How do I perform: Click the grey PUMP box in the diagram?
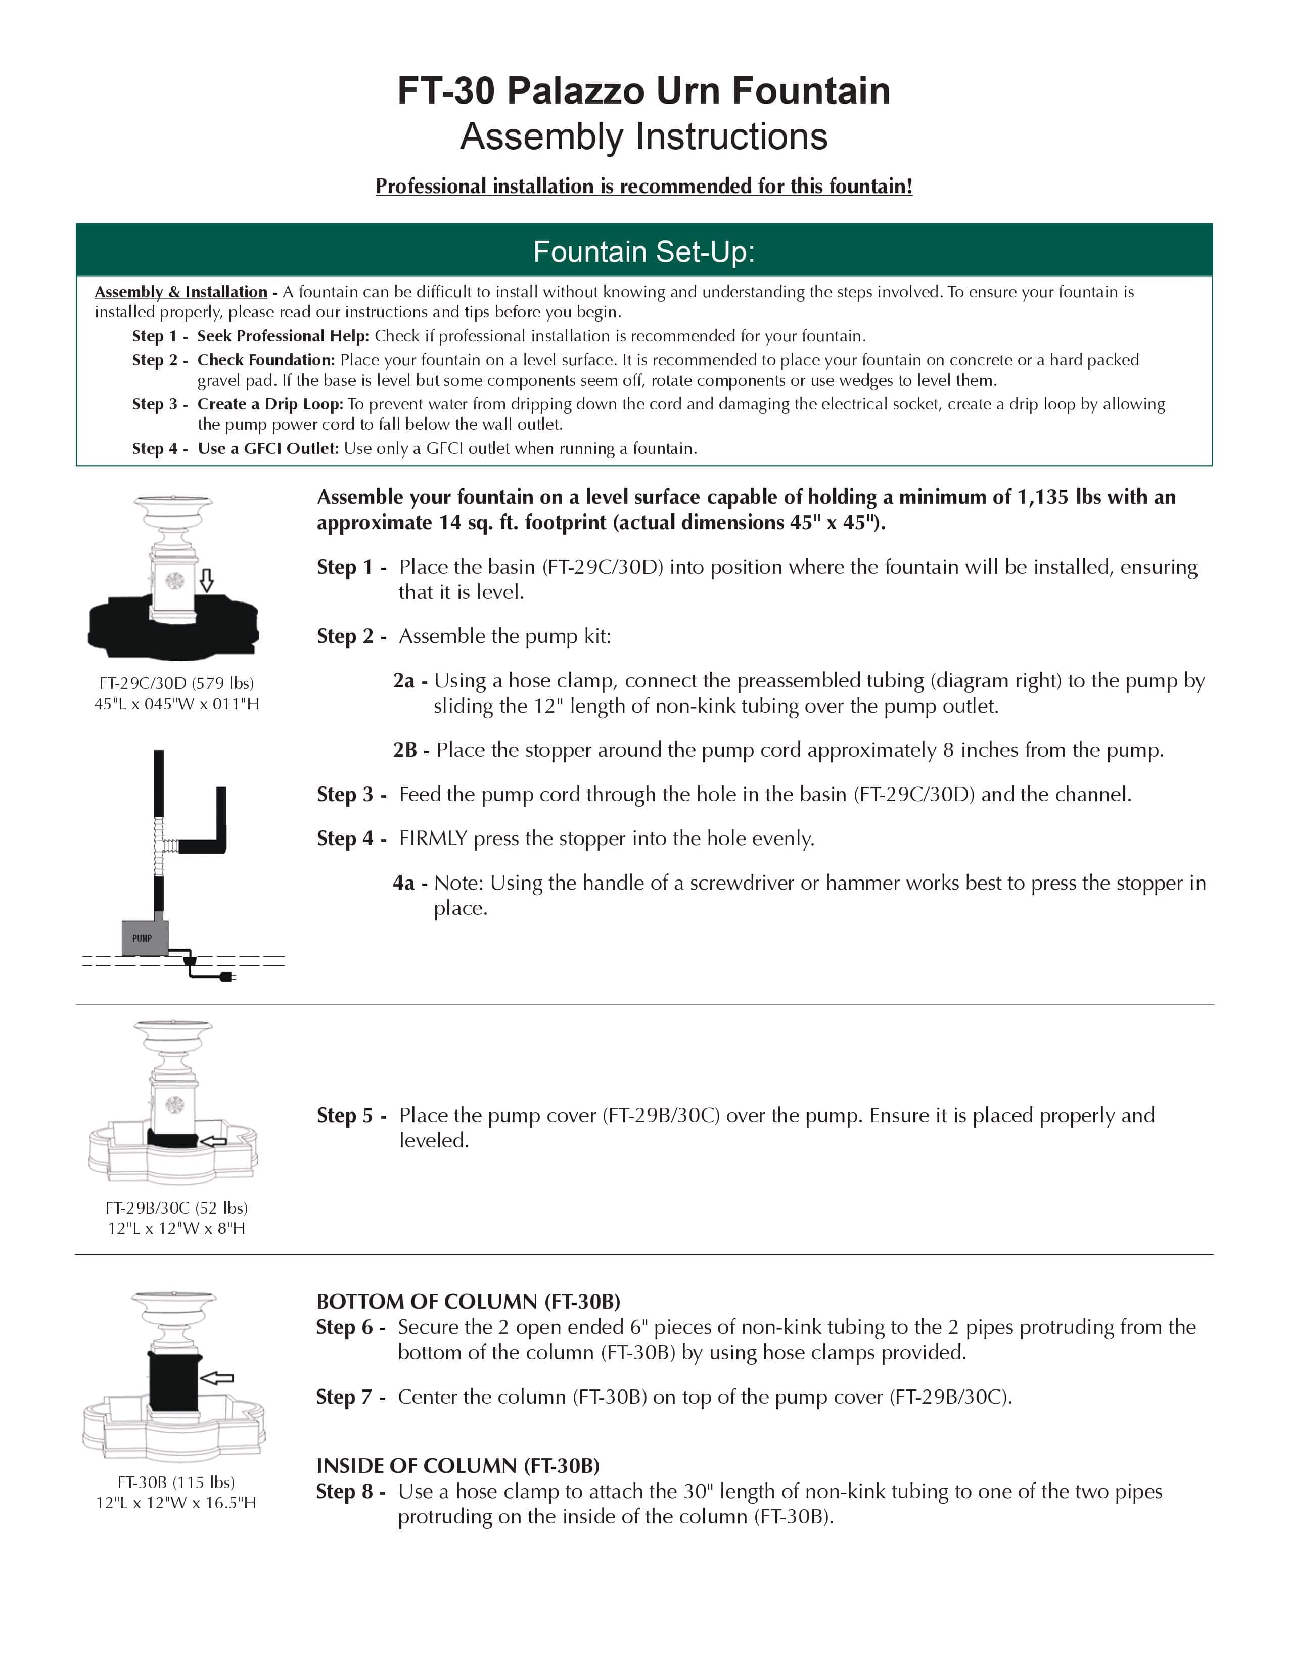[145, 938]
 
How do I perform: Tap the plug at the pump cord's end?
[226, 977]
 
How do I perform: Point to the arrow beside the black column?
[217, 1378]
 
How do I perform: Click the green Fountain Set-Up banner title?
[643, 251]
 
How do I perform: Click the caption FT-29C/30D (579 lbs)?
[176, 683]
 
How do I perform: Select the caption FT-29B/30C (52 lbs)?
[176, 1208]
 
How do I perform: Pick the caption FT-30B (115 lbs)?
[176, 1481]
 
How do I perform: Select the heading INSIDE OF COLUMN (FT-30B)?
[458, 1466]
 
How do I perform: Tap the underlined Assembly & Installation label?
[181, 292]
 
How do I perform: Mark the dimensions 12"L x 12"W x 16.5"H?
[176, 1502]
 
